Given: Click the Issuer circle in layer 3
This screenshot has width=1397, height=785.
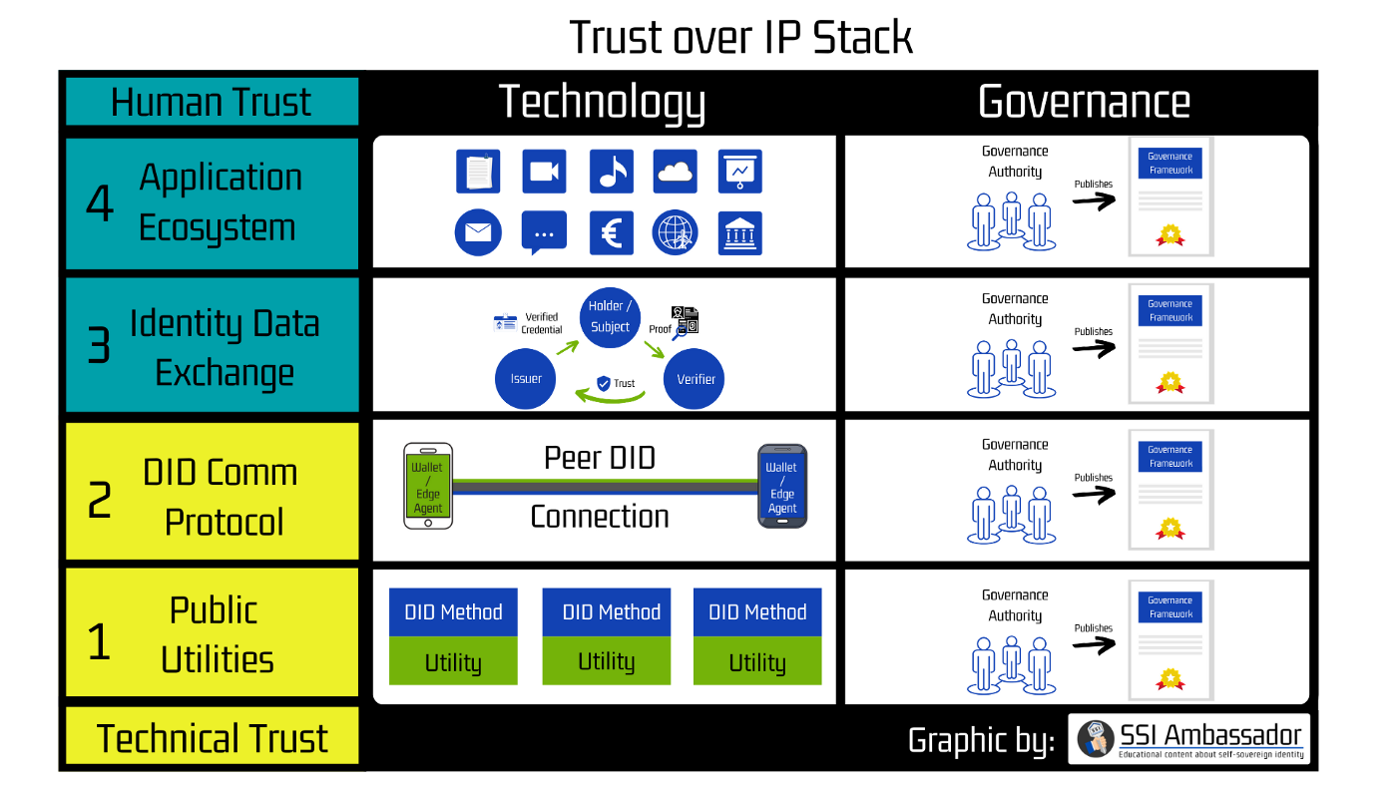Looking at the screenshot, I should coord(526,379).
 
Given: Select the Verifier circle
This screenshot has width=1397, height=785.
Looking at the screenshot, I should coord(695,379).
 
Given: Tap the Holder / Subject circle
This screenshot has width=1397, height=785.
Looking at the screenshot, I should coord(610,316).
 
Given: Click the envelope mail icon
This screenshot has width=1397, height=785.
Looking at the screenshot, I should coord(478,233).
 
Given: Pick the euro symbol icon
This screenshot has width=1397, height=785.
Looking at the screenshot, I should coord(612,233).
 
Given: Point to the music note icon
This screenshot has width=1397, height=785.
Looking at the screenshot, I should coord(612,172).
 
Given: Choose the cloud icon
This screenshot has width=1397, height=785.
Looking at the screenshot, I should coord(676,172).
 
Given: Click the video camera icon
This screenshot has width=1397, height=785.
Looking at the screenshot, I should coord(544,172).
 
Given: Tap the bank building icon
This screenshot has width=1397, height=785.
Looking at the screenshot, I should coord(739,233).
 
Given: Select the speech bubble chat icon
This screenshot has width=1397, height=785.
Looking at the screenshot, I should coord(544,233).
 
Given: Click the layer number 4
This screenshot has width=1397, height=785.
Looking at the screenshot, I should coord(100,204).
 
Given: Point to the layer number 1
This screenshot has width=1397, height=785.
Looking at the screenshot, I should coord(99,640).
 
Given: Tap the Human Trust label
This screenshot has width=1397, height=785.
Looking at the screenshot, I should coord(212,103).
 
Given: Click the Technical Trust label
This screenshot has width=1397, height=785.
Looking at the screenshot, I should coord(212,738).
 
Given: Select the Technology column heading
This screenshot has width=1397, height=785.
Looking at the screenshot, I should coord(602,102).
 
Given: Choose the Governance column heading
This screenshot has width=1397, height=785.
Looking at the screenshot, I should coord(1084,102).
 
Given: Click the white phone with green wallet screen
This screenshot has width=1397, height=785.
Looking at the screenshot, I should coord(428,487).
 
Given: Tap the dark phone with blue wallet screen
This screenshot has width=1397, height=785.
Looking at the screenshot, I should coord(781,487).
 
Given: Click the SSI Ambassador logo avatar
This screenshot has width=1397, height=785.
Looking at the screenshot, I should coord(1097,739).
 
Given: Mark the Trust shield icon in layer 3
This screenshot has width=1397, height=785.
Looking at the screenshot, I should coord(603,383).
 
